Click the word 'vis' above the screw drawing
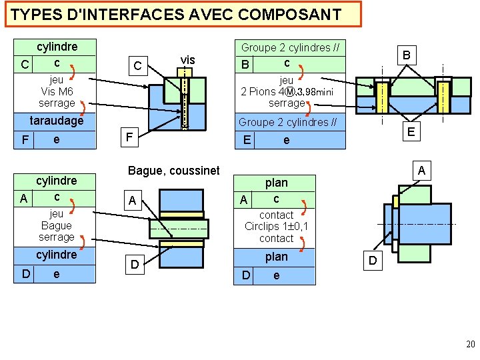(x=187, y=60)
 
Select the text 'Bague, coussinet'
(x=173, y=171)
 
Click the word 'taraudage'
(x=57, y=121)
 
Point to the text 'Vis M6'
(x=57, y=91)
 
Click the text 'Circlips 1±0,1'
(x=276, y=227)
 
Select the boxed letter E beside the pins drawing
(x=411, y=132)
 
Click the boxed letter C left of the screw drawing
(x=137, y=65)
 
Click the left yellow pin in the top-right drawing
(x=381, y=97)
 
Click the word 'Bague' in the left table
(x=57, y=225)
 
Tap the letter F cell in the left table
(x=24, y=140)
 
